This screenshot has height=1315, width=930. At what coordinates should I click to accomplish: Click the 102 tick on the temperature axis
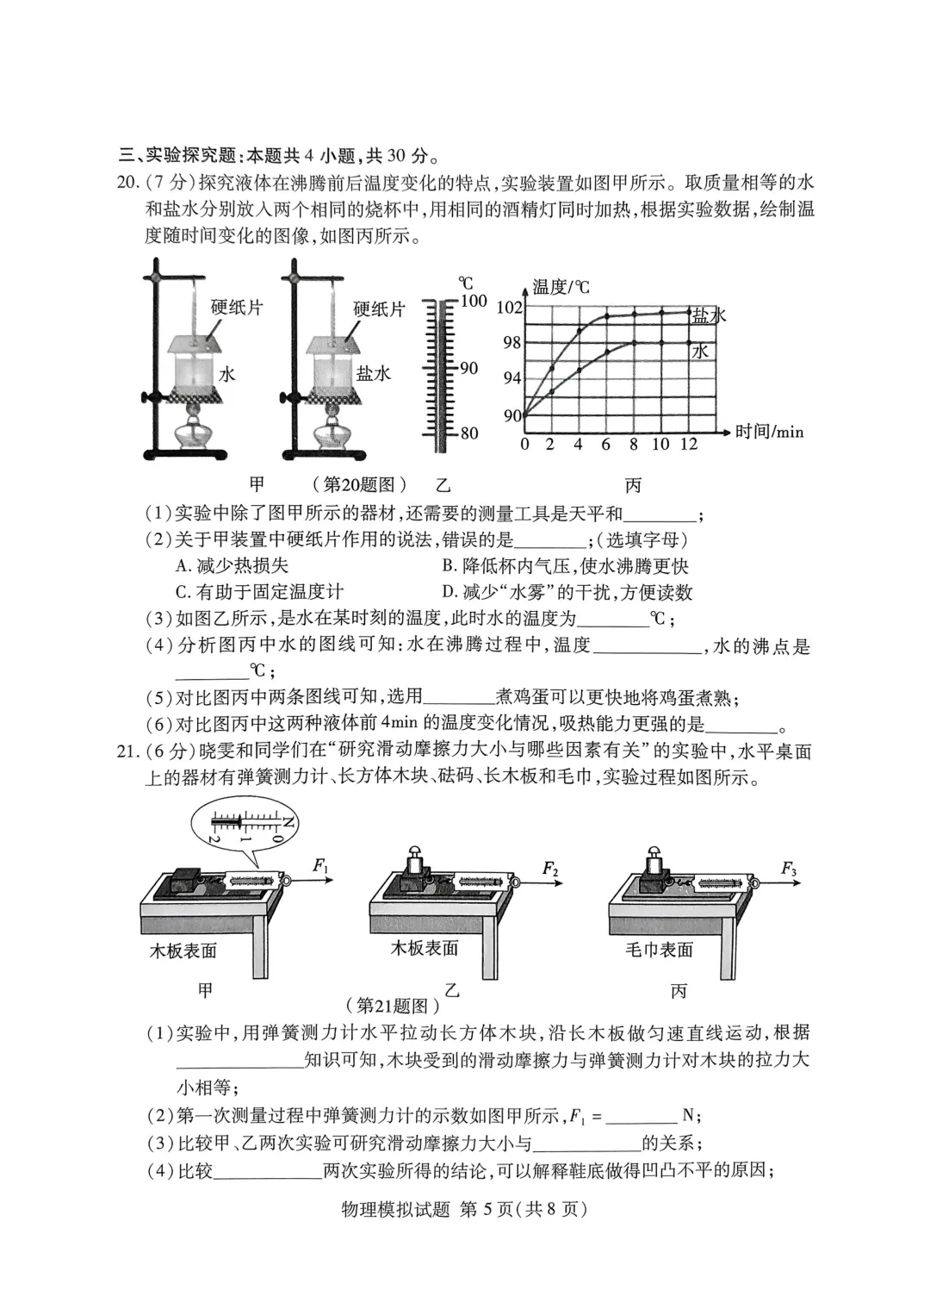[x=511, y=308]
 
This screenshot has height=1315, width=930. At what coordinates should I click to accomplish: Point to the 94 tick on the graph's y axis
[x=512, y=377]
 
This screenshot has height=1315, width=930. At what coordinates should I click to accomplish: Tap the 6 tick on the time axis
[x=605, y=445]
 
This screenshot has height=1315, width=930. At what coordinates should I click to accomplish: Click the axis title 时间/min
[x=769, y=432]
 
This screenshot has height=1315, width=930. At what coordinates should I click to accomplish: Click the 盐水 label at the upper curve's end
[x=710, y=316]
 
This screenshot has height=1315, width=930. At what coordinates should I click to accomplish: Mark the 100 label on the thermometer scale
[x=474, y=302]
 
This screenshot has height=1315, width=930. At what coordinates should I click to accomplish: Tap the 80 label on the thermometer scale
[x=469, y=433]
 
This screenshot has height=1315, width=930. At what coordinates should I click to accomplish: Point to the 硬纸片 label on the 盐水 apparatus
[x=380, y=309]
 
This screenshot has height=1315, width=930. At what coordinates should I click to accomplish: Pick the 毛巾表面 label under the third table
[x=659, y=950]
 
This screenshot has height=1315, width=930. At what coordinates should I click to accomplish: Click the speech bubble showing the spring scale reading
[x=245, y=826]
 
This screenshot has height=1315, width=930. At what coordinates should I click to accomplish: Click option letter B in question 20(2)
[x=448, y=566]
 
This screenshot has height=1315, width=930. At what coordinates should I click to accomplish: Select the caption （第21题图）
[x=392, y=1005]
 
